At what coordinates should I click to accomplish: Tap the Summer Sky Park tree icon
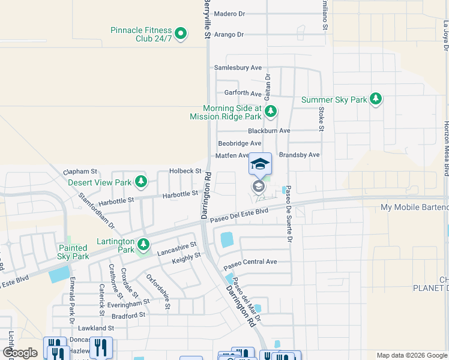(376, 99)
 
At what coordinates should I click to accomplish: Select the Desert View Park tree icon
(140, 181)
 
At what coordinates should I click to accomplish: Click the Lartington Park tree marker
(143, 244)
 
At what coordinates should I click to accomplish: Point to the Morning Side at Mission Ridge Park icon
(271, 111)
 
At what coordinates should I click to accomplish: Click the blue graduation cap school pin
(260, 164)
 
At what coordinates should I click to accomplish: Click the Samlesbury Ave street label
(238, 68)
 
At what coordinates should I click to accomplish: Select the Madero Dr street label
(230, 13)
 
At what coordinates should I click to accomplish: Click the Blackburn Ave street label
(269, 131)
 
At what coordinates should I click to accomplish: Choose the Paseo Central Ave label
(250, 262)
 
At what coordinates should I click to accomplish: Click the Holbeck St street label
(184, 171)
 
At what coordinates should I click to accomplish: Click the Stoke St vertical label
(321, 119)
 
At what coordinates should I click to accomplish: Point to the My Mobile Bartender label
(414, 208)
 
